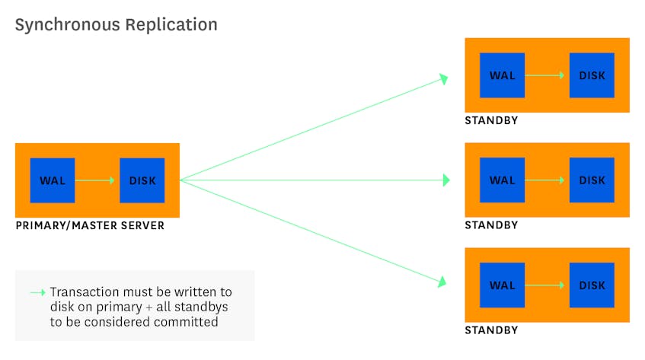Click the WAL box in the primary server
coord(53,180)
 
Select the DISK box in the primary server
coord(142,180)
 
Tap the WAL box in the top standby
coord(503,75)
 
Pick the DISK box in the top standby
coord(592,75)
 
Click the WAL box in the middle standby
coord(503,180)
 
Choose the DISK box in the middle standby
coord(592,180)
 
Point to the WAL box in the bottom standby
coord(503,285)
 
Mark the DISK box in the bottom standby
coord(592,285)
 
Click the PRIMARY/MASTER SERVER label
coord(90,225)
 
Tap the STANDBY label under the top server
coord(491,120)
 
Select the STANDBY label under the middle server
coord(491,225)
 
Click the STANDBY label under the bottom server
coord(491,330)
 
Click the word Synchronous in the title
coord(68,25)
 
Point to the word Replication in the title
coord(171,25)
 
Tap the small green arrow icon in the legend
coord(38,292)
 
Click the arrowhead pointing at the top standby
coord(443,78)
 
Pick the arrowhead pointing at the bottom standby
coord(442,282)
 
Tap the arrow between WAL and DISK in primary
coord(95,180)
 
